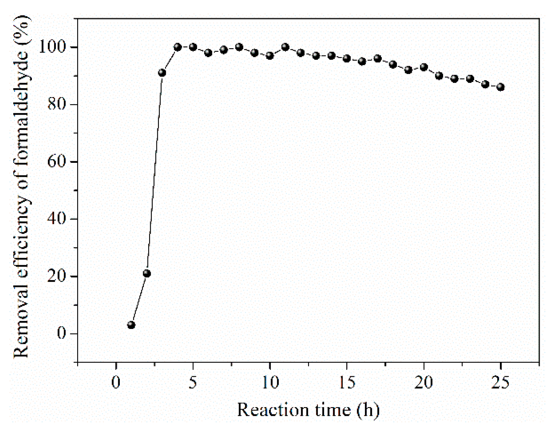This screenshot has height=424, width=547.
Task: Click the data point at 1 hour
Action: [131, 325]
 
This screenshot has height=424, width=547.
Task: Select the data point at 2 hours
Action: [147, 273]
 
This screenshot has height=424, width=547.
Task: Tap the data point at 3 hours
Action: [162, 73]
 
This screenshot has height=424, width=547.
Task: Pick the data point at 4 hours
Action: [177, 47]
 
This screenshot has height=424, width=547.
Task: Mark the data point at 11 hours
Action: [285, 47]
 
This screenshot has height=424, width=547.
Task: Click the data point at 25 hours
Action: [501, 87]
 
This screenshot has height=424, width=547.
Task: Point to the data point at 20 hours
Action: [424, 67]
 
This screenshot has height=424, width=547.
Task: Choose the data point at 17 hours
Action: [377, 59]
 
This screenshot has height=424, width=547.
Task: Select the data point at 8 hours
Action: [239, 47]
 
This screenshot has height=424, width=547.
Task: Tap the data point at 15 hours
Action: [347, 59]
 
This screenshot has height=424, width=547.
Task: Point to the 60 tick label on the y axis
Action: [57, 162]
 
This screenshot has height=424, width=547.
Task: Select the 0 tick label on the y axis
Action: [62, 333]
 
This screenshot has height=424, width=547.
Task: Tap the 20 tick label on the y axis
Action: [57, 276]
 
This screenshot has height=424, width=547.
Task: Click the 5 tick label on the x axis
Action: [193, 382]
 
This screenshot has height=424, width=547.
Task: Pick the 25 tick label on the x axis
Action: [500, 382]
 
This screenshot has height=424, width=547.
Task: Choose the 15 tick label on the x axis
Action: [347, 382]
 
